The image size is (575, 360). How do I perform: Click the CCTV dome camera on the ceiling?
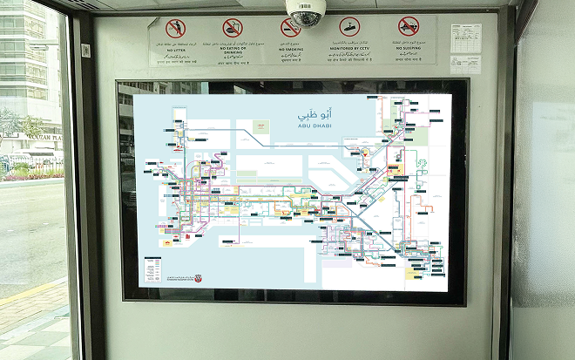click(x=306, y=12)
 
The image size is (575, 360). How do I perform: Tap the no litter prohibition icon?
click(x=176, y=29)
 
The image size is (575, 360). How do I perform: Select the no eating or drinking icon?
click(x=233, y=28)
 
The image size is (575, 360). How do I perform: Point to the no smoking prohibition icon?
click(x=290, y=28)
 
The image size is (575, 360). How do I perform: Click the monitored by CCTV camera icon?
click(x=349, y=27)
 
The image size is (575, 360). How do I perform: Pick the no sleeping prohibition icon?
click(x=409, y=27)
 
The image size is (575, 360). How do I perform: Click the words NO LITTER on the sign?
click(x=176, y=50)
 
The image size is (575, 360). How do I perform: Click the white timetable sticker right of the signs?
click(x=465, y=39)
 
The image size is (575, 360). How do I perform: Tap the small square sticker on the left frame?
click(x=86, y=51)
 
